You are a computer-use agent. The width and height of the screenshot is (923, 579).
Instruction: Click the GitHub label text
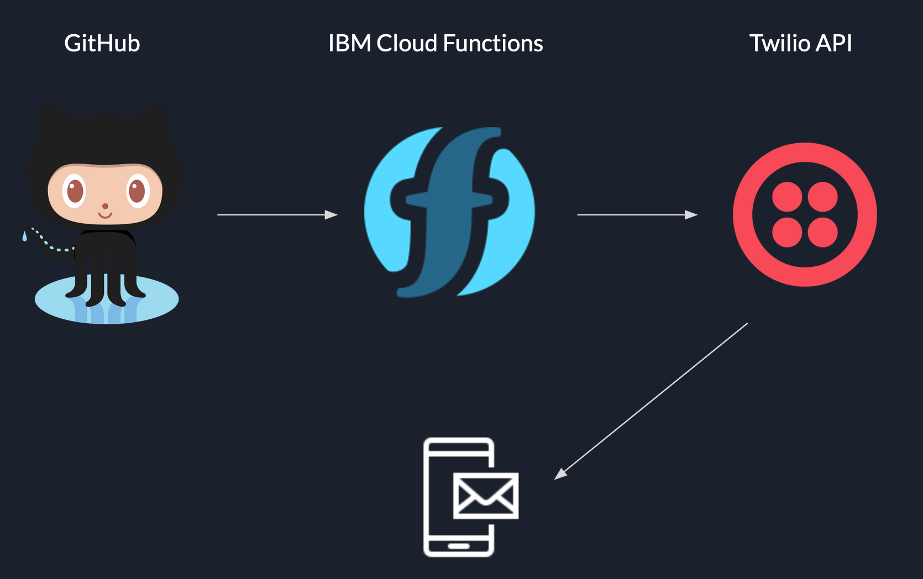tap(102, 43)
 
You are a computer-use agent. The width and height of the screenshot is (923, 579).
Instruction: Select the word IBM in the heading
tap(349, 43)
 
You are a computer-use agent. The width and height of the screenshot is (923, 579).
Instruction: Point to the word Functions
tap(493, 43)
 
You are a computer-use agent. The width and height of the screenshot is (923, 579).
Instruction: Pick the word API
tap(834, 43)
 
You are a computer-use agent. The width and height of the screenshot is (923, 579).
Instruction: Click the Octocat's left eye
tap(74, 191)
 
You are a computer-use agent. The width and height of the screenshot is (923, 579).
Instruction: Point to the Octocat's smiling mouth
tap(105, 215)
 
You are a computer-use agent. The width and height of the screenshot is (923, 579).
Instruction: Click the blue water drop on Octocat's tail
tap(24, 236)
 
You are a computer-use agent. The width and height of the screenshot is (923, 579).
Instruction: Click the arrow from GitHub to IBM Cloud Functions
tap(277, 214)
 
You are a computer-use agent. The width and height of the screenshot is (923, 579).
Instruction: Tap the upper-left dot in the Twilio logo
tap(787, 197)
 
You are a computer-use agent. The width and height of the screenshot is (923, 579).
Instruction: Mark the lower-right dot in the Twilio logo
tap(823, 232)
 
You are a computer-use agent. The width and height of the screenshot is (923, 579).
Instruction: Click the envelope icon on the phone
tap(486, 496)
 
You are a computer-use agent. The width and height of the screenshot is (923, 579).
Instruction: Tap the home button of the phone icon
tap(458, 546)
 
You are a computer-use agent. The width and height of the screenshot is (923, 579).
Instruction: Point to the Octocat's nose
tap(105, 207)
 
